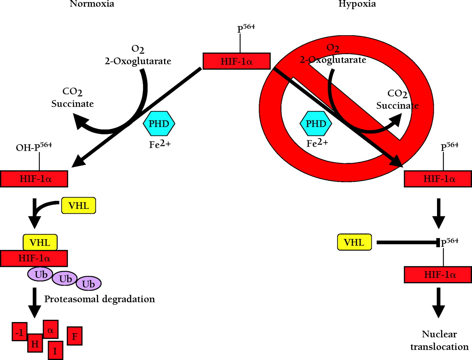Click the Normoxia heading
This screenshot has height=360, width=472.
pyautogui.click(x=92, y=4)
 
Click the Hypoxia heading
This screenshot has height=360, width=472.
pyautogui.click(x=357, y=4)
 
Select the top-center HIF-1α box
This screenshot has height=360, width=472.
pyautogui.click(x=236, y=61)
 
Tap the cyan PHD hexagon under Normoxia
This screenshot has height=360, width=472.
pyautogui.click(x=159, y=124)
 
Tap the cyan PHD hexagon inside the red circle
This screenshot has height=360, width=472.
pyautogui.click(x=316, y=124)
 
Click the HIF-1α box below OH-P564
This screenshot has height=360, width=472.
pyautogui.click(x=34, y=179)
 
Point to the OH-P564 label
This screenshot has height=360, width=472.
pyautogui.click(x=34, y=147)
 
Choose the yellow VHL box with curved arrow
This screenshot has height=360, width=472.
pyautogui.click(x=79, y=206)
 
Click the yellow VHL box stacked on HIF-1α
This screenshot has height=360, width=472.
pyautogui.click(x=40, y=242)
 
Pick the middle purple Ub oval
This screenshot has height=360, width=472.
pyautogui.click(x=65, y=279)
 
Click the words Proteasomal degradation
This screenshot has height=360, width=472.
pyautogui.click(x=100, y=299)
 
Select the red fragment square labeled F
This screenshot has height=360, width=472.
pyautogui.click(x=74, y=336)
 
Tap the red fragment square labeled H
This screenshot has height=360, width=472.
pyautogui.click(x=35, y=343)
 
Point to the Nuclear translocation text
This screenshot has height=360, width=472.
pyautogui.click(x=439, y=340)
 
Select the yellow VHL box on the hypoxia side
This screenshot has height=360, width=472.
pyautogui.click(x=354, y=242)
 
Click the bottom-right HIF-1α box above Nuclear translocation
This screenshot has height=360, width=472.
pyautogui.click(x=438, y=275)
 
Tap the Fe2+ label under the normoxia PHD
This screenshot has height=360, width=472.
pyautogui.click(x=160, y=144)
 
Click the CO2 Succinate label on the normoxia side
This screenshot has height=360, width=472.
pyautogui.click(x=72, y=98)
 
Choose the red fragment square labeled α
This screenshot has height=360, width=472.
pyautogui.click(x=51, y=329)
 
